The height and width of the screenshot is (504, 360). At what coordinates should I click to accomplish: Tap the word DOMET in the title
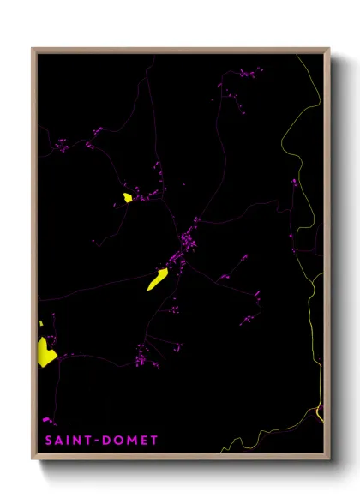pyautogui.click(x=130, y=441)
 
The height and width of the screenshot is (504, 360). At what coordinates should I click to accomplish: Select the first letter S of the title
pyautogui.click(x=49, y=441)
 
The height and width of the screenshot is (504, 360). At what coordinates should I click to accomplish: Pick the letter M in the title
pyautogui.click(x=131, y=441)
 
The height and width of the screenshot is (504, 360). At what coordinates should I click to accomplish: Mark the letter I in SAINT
pyautogui.click(x=70, y=441)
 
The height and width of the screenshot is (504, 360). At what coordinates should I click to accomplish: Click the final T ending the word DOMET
pyautogui.click(x=154, y=441)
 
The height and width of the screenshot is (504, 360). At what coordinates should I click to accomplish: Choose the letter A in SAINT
pyautogui.click(x=60, y=441)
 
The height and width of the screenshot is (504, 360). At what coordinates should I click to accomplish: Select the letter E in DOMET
pyautogui.click(x=144, y=441)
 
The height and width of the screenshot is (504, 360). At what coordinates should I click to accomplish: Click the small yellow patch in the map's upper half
pyautogui.click(x=127, y=198)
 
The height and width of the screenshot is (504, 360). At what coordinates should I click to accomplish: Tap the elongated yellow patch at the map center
pyautogui.click(x=158, y=279)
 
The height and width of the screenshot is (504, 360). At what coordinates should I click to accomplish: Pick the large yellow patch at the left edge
pyautogui.click(x=45, y=352)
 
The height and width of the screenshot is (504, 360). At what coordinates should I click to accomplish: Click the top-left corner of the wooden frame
pyautogui.click(x=33, y=49)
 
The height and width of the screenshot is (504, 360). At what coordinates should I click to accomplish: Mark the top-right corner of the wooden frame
pyautogui.click(x=329, y=49)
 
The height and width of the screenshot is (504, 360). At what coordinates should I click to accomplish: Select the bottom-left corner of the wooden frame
pyautogui.click(x=33, y=459)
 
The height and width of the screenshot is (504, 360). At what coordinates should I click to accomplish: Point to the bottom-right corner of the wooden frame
pyautogui.click(x=329, y=459)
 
